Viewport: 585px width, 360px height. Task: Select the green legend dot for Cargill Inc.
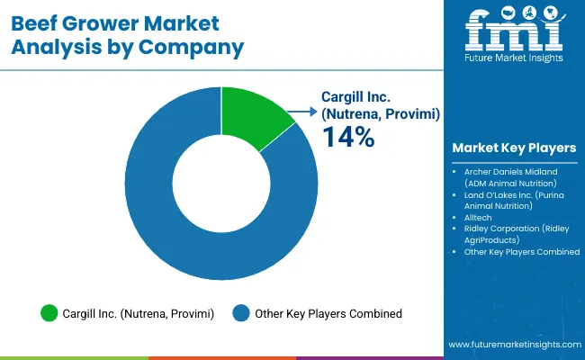tap(49, 313)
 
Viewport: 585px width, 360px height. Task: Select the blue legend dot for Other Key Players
tap(240, 313)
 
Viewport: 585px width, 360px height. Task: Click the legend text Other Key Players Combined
tap(328, 313)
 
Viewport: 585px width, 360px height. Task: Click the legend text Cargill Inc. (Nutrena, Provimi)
tap(138, 313)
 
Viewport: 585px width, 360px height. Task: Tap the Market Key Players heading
tap(514, 148)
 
